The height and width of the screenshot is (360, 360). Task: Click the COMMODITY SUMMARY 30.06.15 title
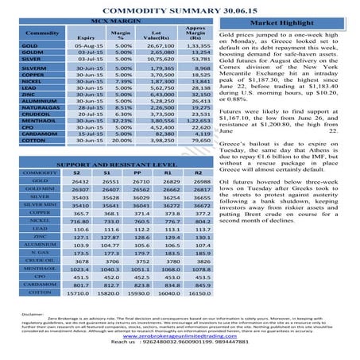coord(180,6)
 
